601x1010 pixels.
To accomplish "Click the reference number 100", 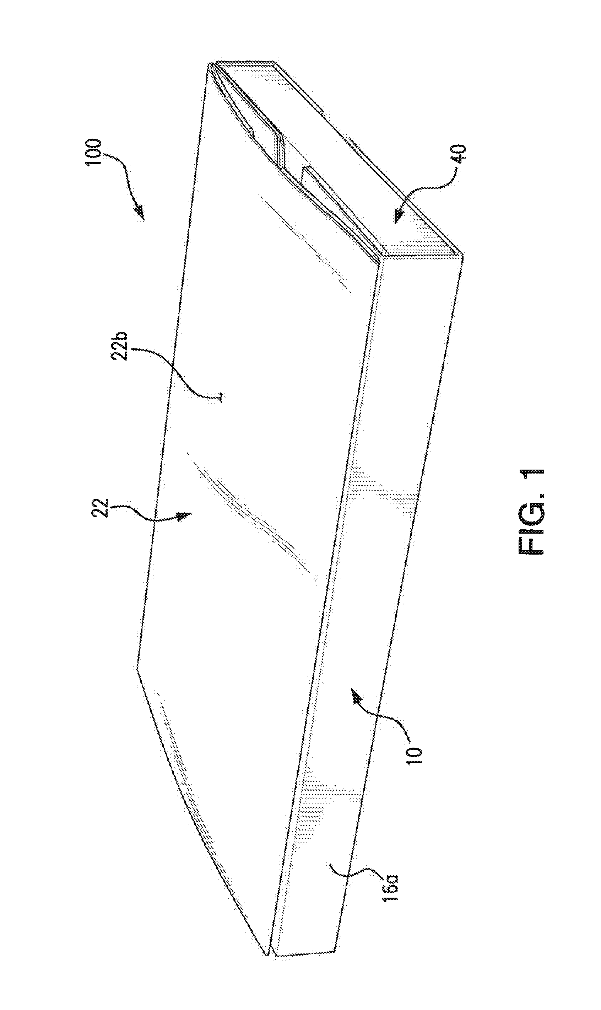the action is coord(95,152).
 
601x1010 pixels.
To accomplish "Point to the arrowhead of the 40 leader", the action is coord(399,217).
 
